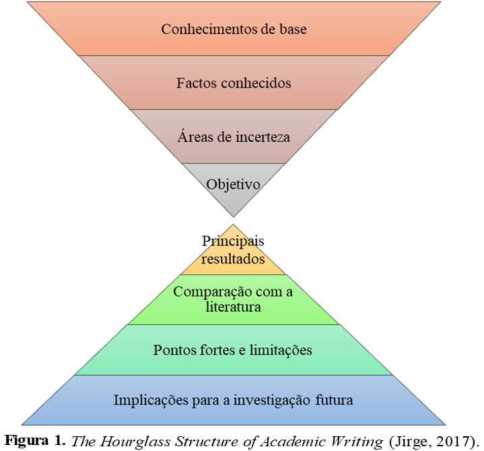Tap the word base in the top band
[x=293, y=30]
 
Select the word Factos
[x=195, y=83]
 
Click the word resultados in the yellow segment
[x=233, y=259]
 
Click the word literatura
[x=233, y=307]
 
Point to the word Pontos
[x=174, y=350]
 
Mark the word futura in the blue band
[x=334, y=401]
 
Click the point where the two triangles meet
[x=234, y=216]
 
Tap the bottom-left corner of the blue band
[x=22, y=425]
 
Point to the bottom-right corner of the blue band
[x=445, y=425]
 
